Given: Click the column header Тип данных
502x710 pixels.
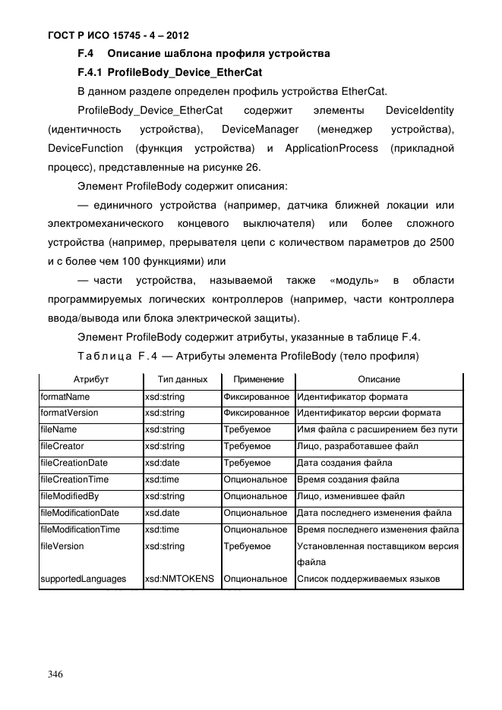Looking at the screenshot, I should (x=182, y=379).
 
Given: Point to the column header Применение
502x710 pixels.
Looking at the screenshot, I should (x=258, y=379).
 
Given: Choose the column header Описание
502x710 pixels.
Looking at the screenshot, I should (x=379, y=379).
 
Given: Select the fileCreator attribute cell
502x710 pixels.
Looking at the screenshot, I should (x=62, y=446).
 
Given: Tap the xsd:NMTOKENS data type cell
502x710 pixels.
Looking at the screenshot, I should (x=180, y=579).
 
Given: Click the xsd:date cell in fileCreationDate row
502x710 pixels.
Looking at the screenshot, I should (x=163, y=463).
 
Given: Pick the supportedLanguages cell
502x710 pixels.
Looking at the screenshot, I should (x=83, y=579).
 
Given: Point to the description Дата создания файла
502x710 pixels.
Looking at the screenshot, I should (x=344, y=463).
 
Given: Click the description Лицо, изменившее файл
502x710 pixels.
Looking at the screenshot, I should (x=350, y=496).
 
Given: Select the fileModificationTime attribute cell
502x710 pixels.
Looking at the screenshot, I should (x=80, y=529).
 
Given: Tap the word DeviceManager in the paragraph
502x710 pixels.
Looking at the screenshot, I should (x=259, y=129).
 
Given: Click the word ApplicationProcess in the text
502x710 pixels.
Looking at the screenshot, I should (x=330, y=147).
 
